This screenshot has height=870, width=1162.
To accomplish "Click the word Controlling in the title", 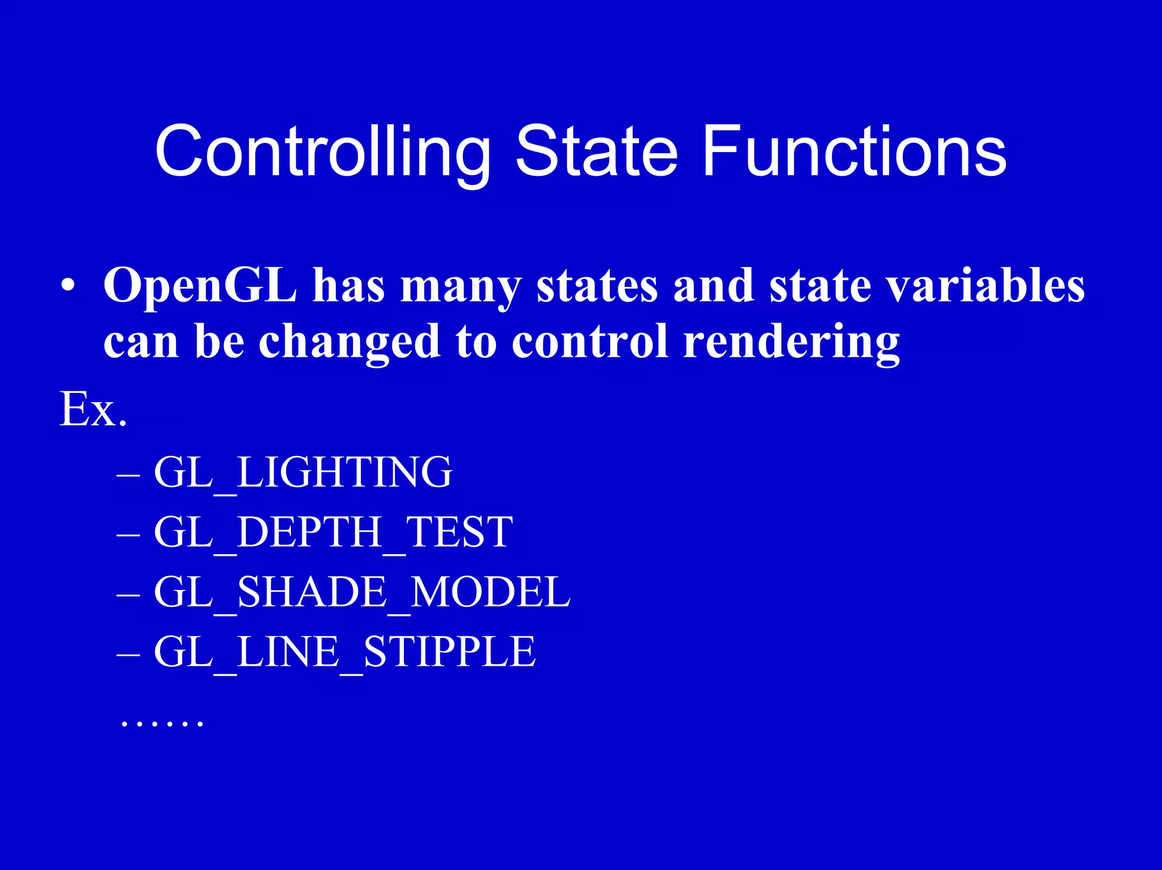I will pyautogui.click(x=322, y=152).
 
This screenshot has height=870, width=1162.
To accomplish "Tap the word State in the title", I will pyautogui.click(x=596, y=152).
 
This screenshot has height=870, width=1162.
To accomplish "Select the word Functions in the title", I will pyautogui.click(x=854, y=152).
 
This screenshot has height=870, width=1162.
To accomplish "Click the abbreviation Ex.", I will pyautogui.click(x=93, y=409).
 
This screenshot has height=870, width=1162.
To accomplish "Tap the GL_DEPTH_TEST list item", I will pyautogui.click(x=333, y=532).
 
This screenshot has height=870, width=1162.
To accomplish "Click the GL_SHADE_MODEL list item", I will pyautogui.click(x=361, y=592).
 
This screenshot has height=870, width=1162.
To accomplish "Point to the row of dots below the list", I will pyautogui.click(x=162, y=723).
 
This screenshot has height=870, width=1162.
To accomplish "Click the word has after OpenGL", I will pyautogui.click(x=348, y=285).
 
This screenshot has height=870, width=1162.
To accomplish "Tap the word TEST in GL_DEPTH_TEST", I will pyautogui.click(x=458, y=532).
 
